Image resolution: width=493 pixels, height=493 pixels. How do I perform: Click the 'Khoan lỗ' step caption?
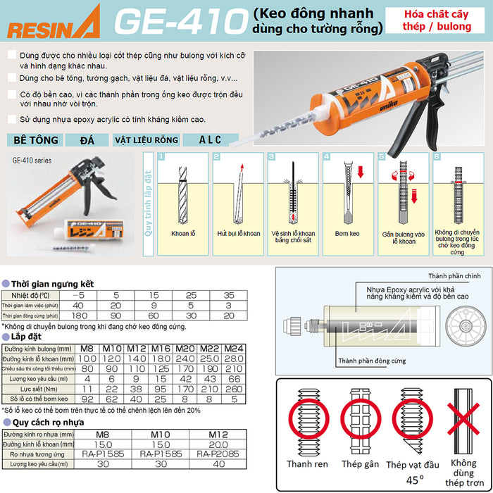tap(183, 232)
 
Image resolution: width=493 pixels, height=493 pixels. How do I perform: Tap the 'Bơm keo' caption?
tap(348, 232)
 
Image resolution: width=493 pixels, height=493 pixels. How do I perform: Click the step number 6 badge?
tap(436, 156)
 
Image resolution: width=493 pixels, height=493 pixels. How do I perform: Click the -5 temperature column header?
tap(82, 294)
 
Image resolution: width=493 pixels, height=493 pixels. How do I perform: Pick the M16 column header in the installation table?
tap(162, 348)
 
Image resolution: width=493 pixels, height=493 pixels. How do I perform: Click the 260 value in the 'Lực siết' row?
tap(235, 388)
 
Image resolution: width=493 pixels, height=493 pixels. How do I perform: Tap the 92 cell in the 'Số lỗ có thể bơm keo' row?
tap(88, 398)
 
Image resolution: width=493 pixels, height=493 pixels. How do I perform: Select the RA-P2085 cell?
tap(218, 454)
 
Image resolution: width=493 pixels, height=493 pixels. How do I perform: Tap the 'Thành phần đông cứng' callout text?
tap(371, 361)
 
